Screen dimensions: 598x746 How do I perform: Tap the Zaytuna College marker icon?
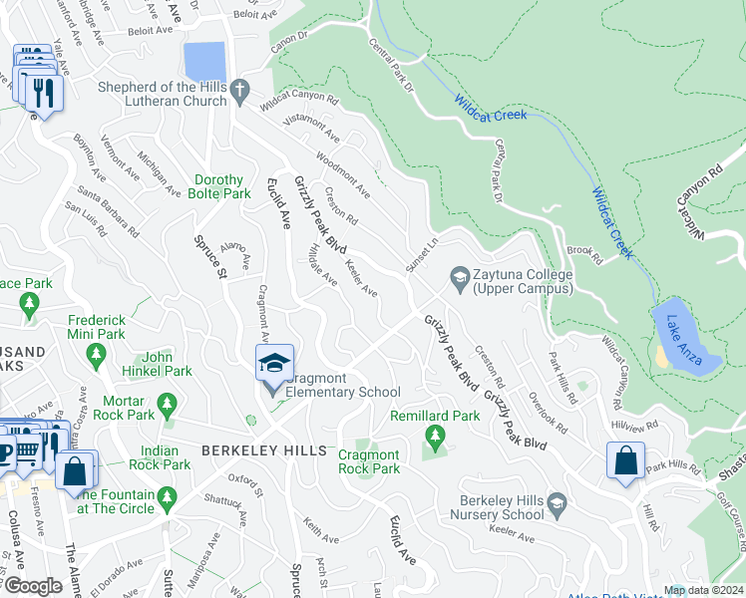pyautogui.click(x=460, y=275)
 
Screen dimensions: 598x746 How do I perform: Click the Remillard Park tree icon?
pyautogui.click(x=434, y=436)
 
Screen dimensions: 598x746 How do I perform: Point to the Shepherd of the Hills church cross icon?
pyautogui.click(x=238, y=93)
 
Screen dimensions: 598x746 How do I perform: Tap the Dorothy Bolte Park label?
pyautogui.click(x=218, y=186)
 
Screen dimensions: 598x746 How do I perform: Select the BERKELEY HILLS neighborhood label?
pyautogui.click(x=263, y=451)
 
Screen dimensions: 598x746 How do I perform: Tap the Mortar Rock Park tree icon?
pyautogui.click(x=167, y=404)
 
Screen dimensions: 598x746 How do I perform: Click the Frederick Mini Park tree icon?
pyautogui.click(x=97, y=353)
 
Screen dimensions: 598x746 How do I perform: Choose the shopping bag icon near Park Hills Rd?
pyautogui.click(x=625, y=462)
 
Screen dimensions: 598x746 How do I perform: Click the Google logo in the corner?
pyautogui.click(x=32, y=585)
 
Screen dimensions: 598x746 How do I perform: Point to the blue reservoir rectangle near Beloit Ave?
pyautogui.click(x=205, y=62)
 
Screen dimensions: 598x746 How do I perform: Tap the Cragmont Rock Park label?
pyautogui.click(x=369, y=461)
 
